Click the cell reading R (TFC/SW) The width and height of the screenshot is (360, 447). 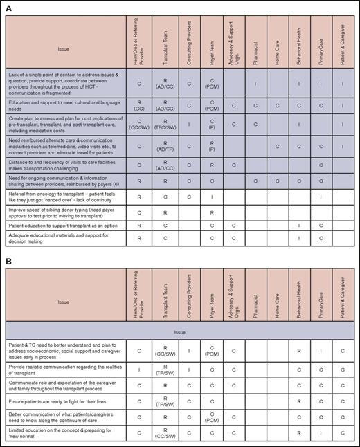(165, 126)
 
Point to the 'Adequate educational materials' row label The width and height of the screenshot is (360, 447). (64, 239)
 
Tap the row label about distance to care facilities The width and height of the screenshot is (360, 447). (64, 165)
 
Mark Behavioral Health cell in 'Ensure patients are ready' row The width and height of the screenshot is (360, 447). (300, 399)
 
